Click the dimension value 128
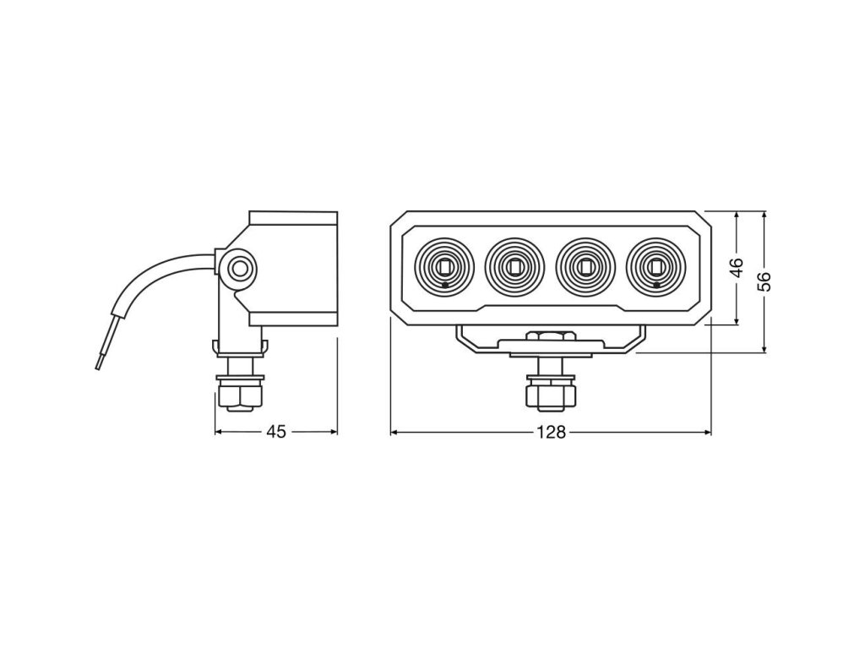click(x=550, y=432)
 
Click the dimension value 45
click(x=276, y=432)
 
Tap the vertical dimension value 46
click(x=737, y=268)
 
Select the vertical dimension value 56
click(x=764, y=281)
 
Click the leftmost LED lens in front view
click(x=445, y=267)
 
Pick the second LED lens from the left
click(x=514, y=267)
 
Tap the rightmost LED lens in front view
click(x=656, y=267)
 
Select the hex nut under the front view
click(x=550, y=395)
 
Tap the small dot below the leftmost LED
click(x=445, y=286)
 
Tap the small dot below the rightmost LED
click(x=656, y=286)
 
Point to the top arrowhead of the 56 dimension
click(x=764, y=215)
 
